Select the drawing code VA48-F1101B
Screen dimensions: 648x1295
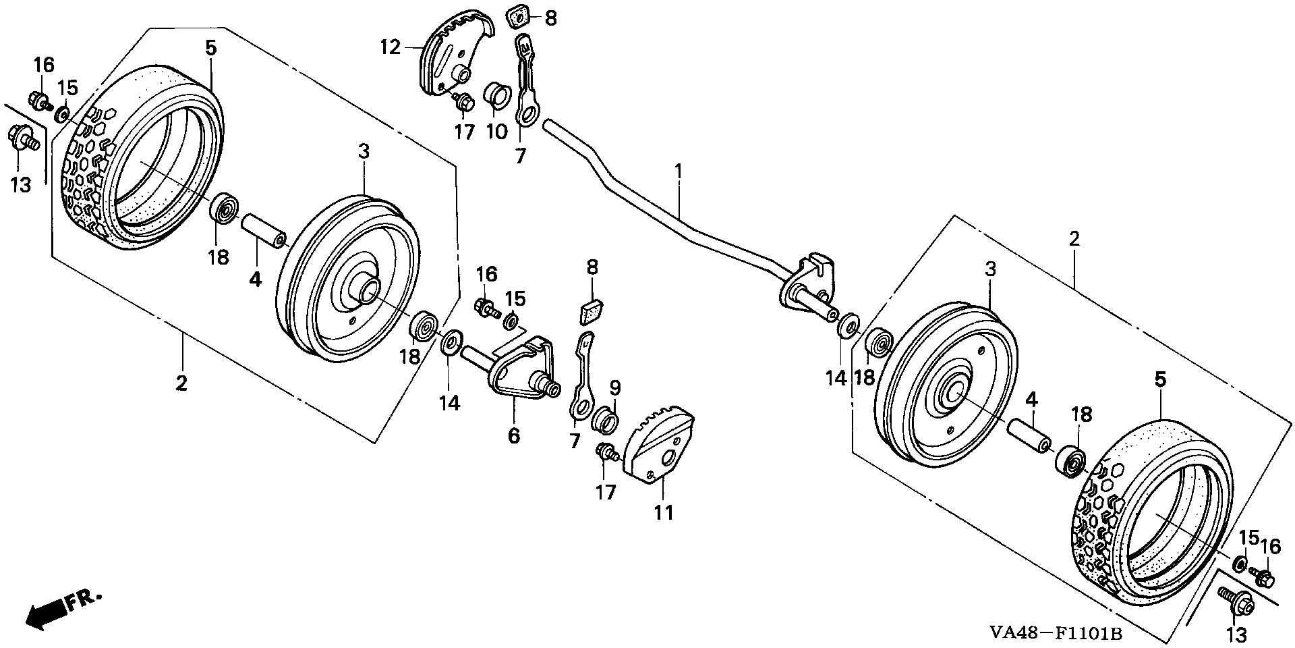coord(1056,632)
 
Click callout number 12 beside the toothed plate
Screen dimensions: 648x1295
coord(390,47)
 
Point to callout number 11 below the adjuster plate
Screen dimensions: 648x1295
coord(664,513)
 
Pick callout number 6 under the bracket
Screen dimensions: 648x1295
coord(514,436)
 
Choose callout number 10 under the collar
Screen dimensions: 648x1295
coord(496,131)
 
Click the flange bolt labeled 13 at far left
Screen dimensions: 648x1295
coord(22,140)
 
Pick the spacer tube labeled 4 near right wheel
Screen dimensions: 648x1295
coord(1029,435)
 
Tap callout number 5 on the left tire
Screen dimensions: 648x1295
coord(211,47)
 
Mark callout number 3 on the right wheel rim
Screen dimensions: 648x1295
coord(989,269)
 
